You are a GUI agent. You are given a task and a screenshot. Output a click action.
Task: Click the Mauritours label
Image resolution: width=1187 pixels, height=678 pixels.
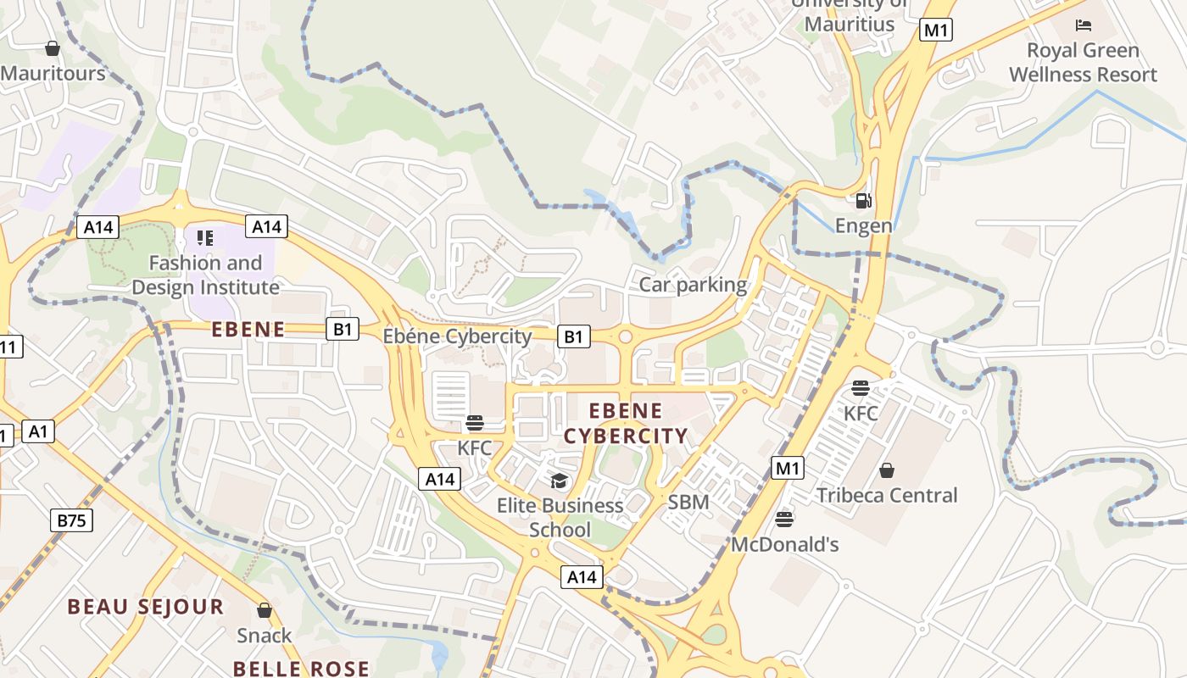[53, 73]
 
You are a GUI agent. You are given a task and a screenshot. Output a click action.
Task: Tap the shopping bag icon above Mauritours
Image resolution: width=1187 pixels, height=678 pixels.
[53, 48]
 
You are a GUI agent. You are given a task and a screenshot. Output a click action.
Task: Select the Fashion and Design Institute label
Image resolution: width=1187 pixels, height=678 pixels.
[205, 275]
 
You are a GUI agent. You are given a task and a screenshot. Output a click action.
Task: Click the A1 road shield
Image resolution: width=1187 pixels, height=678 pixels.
[37, 431]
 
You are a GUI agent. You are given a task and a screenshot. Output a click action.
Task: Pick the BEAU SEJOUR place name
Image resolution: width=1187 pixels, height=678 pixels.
[146, 607]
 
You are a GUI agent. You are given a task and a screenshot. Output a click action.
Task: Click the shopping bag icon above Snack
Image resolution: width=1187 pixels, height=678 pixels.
[265, 610]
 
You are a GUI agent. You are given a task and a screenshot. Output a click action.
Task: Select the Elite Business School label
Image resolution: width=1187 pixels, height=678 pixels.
[560, 517]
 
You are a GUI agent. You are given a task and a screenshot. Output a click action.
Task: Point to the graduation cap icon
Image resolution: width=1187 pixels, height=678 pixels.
[559, 481]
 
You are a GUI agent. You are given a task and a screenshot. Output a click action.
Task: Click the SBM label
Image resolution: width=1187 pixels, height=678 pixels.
[688, 502]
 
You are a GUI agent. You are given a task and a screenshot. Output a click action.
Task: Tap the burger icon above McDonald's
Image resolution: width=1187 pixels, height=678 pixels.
[784, 519]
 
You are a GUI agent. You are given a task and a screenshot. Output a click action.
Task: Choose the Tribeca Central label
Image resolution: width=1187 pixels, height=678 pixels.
[887, 495]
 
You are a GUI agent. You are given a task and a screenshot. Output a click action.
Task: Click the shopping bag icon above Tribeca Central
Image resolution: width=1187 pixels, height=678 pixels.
[887, 470]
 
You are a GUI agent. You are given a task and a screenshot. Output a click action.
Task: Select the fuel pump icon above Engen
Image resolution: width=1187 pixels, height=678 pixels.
[864, 201]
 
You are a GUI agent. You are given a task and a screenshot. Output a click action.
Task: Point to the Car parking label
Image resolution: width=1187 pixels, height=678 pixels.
[693, 285]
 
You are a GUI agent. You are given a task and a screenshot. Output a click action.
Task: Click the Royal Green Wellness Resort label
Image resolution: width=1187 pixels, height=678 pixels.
[1083, 62]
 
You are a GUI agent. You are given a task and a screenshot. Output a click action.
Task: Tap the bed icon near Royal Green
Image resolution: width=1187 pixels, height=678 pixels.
[1082, 25]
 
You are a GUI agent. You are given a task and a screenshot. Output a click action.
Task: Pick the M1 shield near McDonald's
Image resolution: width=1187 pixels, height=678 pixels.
[788, 468]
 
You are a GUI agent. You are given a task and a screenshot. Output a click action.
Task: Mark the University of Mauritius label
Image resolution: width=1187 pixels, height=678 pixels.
[850, 15]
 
